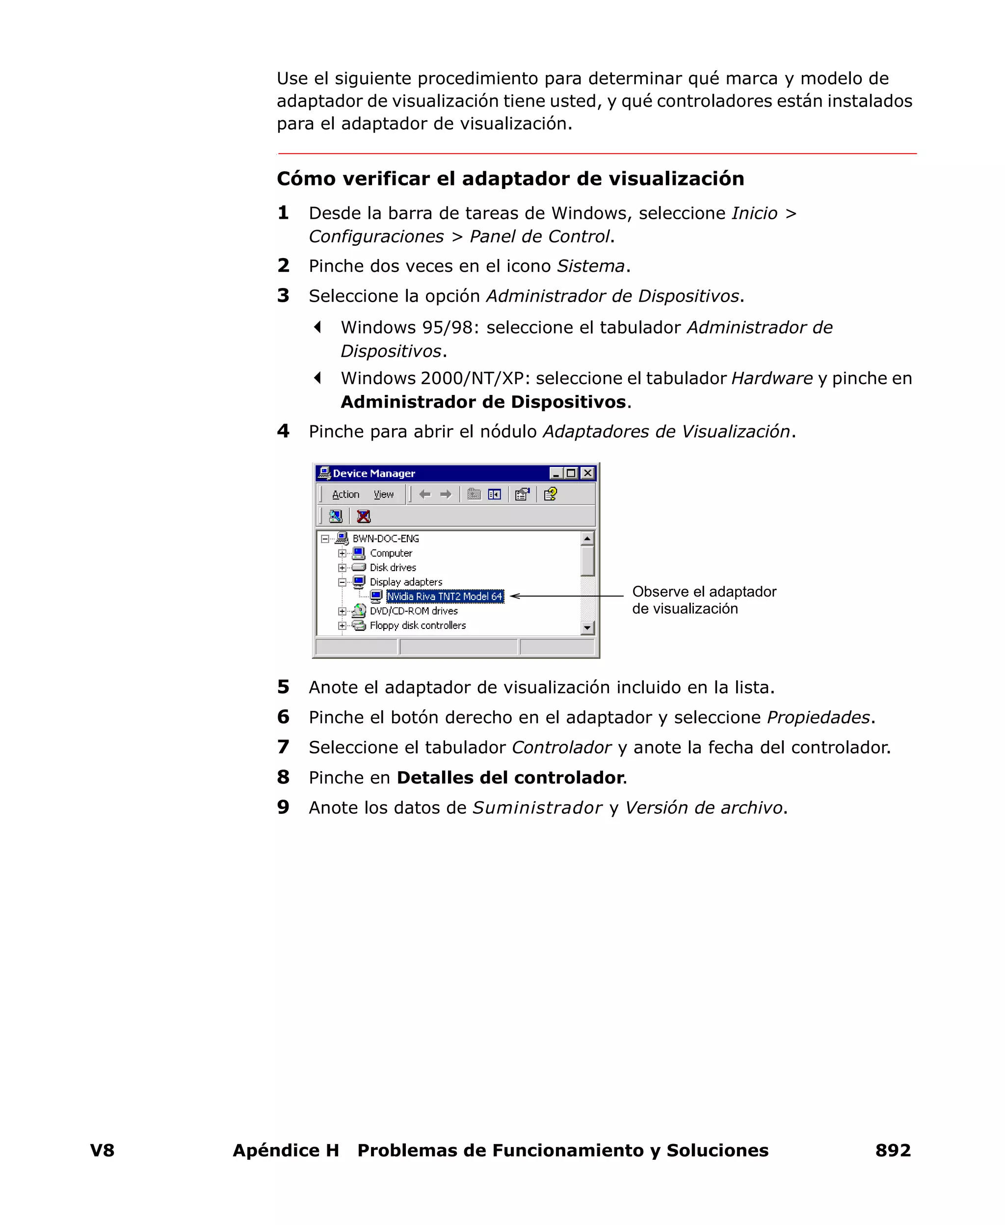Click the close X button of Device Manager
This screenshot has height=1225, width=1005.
587,473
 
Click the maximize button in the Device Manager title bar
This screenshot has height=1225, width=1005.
571,473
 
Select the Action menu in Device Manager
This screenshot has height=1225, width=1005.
345,495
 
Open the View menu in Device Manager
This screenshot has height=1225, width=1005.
383,495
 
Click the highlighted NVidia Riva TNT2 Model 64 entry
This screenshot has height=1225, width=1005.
445,597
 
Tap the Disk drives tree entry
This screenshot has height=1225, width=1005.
393,568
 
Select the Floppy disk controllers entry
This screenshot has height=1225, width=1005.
418,626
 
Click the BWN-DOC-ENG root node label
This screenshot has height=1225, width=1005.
386,539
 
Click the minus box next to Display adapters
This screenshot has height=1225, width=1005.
342,582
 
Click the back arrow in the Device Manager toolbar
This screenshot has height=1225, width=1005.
425,495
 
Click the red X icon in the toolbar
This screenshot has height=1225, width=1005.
364,516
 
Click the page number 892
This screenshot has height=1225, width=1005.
893,1150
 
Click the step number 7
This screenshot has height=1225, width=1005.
283,747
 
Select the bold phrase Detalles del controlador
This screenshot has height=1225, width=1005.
509,778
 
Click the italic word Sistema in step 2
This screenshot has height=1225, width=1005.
590,266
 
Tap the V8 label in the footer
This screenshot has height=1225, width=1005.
103,1150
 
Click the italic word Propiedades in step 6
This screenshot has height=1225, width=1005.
818,718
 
